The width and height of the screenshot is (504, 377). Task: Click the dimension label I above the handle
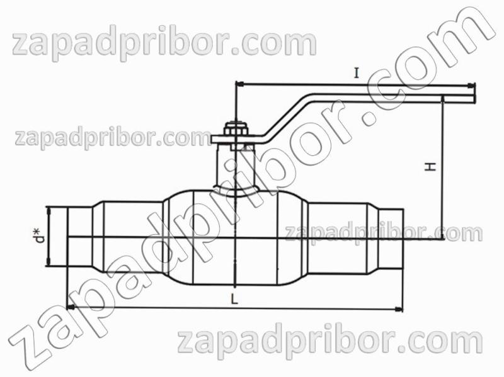356,74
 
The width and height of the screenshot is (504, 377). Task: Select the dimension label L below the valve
234,300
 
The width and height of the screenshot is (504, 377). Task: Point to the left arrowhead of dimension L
71,308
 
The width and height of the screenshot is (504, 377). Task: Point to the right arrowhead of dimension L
399,310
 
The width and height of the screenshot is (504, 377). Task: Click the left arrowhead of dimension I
240,84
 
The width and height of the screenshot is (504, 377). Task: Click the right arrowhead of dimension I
471,86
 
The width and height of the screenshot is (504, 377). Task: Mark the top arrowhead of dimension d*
49,211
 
